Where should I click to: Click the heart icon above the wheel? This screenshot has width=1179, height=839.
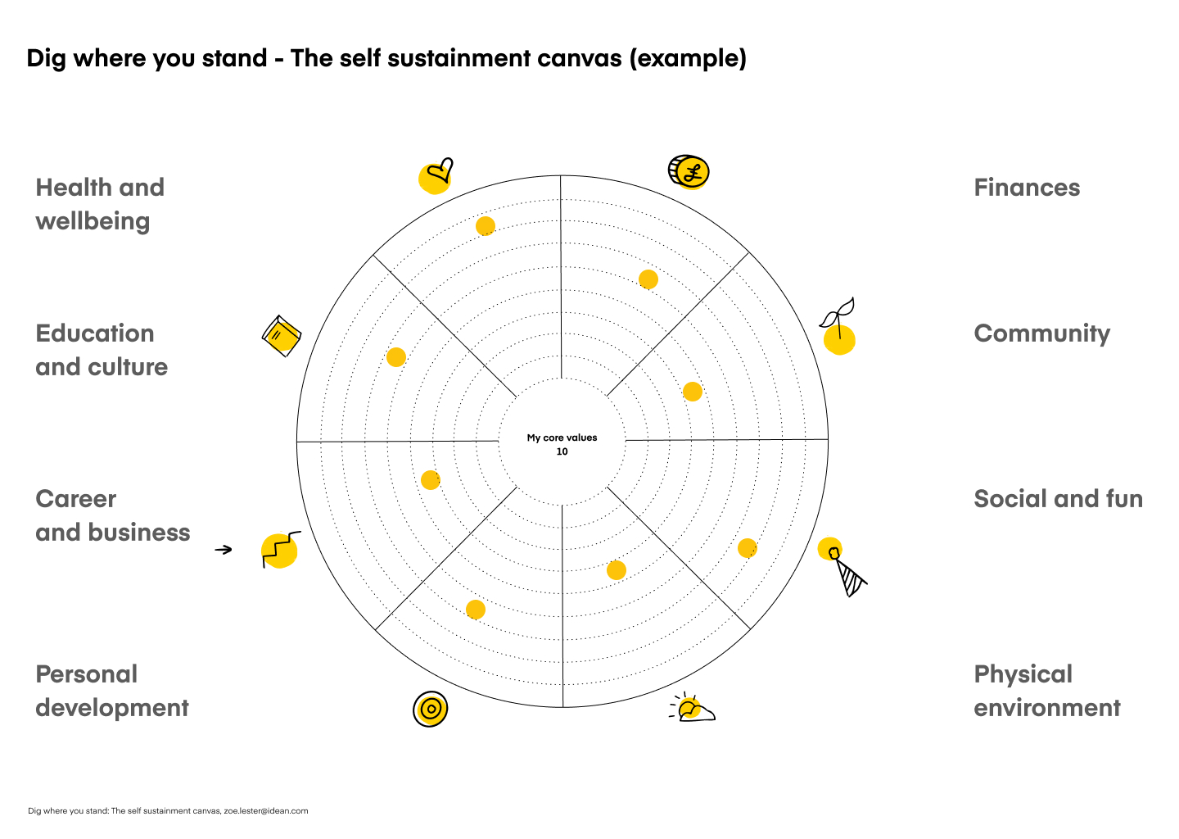436,175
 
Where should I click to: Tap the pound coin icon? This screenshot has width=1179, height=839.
689,172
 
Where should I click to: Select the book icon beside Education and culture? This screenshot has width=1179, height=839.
282,335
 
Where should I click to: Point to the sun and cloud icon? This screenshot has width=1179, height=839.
692,708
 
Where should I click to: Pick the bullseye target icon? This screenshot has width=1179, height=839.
431,709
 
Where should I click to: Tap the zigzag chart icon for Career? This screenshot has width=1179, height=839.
280,550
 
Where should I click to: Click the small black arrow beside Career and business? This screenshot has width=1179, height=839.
224,549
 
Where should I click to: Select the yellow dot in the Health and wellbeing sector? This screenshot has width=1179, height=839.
486,226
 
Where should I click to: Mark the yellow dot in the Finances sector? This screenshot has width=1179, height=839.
648,280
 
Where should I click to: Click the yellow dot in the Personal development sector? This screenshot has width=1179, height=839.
476,610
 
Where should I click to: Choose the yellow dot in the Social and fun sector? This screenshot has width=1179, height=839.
748,548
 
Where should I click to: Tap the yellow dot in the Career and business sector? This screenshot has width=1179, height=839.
431,480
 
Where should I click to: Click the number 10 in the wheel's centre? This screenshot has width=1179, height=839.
562,451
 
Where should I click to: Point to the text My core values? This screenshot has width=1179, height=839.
562,438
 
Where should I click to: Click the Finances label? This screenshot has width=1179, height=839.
1027,188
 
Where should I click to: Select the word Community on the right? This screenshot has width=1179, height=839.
1042,333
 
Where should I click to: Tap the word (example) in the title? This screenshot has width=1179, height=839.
688,58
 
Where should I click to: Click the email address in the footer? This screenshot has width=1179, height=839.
266,811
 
